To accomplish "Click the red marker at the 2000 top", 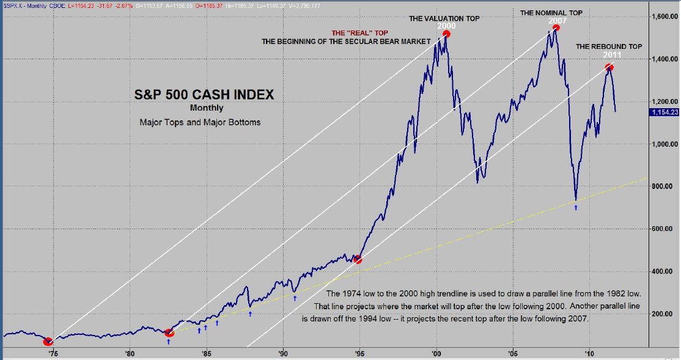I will (x=446, y=34).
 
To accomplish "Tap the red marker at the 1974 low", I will (x=48, y=341).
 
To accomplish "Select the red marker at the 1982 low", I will (x=169, y=332).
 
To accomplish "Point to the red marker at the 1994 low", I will (x=358, y=260).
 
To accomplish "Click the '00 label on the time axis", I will (x=436, y=353).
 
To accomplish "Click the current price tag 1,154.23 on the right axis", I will (x=663, y=112).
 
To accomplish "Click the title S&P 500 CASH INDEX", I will (x=204, y=95).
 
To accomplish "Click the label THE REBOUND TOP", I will (x=608, y=46).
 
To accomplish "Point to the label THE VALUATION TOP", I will (x=444, y=18).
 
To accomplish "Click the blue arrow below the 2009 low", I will (x=576, y=208).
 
